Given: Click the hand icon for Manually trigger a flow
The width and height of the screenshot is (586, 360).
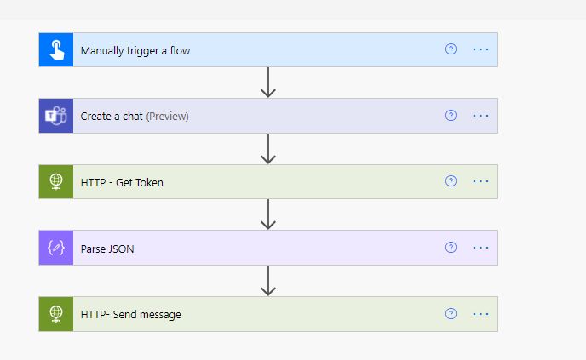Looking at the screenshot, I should pyautogui.click(x=56, y=50).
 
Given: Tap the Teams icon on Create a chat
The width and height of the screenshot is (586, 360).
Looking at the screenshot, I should pyautogui.click(x=56, y=116).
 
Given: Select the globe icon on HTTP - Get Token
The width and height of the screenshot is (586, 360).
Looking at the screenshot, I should pyautogui.click(x=56, y=181).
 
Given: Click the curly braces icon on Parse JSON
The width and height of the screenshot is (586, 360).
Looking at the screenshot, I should pyautogui.click(x=56, y=248).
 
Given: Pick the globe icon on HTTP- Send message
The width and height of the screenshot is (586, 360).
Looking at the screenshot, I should pyautogui.click(x=56, y=314).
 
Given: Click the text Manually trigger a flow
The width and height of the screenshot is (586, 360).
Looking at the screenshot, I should pyautogui.click(x=135, y=50).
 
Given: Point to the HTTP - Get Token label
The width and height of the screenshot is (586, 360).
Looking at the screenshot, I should pyautogui.click(x=122, y=181).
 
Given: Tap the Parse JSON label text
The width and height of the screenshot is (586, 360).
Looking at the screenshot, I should pyautogui.click(x=107, y=249).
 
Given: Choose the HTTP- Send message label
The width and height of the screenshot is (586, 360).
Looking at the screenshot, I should pyautogui.click(x=130, y=314).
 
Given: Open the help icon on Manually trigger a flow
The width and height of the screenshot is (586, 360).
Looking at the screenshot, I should pyautogui.click(x=451, y=49).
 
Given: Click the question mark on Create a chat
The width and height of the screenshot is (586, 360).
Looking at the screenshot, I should pyautogui.click(x=451, y=116).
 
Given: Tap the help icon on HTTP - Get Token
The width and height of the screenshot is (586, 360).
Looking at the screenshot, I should pyautogui.click(x=451, y=181).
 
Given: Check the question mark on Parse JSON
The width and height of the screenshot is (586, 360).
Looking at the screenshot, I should pyautogui.click(x=451, y=248).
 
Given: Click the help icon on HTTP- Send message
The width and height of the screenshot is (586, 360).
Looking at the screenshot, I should pyautogui.click(x=451, y=314).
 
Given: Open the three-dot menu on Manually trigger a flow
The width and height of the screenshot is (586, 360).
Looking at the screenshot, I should pyautogui.click(x=481, y=49).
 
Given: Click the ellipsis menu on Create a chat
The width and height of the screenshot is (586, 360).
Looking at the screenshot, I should pyautogui.click(x=481, y=116).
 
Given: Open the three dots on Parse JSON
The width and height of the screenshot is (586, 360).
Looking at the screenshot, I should pyautogui.click(x=481, y=248).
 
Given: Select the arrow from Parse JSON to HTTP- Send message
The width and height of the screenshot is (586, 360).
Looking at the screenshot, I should pyautogui.click(x=268, y=281).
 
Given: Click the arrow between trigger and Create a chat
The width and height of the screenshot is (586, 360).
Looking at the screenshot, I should pyautogui.click(x=268, y=83).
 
